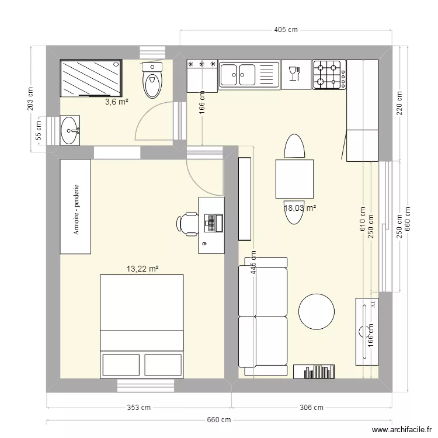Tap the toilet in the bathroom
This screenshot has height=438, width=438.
click(152, 81)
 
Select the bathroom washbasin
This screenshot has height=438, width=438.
click(71, 130)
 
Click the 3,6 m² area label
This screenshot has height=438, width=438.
click(116, 102)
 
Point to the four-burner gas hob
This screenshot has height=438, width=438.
click(329, 74)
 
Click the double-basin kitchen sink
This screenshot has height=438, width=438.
click(249, 74)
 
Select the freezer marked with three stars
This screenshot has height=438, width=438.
click(201, 75)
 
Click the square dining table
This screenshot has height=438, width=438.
click(294, 178)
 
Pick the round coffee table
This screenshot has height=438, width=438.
click(317, 311)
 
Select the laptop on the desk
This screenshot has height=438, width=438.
click(212, 223)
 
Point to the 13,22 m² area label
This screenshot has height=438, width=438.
click(142, 269)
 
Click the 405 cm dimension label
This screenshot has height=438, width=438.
click(286, 29)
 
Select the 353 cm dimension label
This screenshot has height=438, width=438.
click(139, 408)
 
